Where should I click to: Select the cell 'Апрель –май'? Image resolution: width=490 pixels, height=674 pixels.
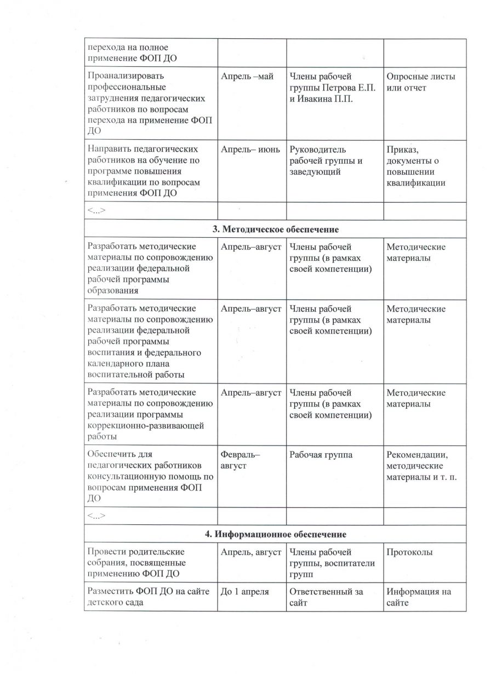click(247, 76)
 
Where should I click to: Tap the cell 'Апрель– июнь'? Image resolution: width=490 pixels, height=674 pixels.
click(250, 149)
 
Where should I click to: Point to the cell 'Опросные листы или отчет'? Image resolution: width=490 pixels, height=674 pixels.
click(420, 82)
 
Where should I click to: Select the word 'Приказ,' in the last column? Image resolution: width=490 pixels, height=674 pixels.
click(403, 149)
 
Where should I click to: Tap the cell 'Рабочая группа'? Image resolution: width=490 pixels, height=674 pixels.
click(321, 455)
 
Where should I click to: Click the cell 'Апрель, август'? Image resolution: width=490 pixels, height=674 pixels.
click(251, 552)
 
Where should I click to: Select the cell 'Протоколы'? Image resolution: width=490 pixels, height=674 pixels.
click(409, 552)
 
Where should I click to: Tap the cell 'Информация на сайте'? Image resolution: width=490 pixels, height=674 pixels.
click(419, 597)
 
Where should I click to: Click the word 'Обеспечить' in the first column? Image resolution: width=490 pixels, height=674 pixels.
click(112, 455)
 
